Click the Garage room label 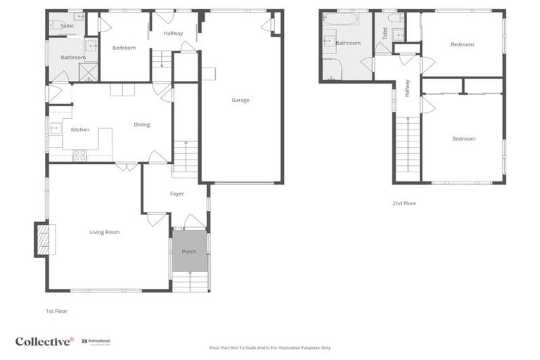coord(240,100)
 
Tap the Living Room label coord(104,232)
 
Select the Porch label coord(189,252)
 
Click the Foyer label coord(176,193)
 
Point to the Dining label coord(142,124)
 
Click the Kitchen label coord(79,129)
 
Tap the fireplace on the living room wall coord(44,239)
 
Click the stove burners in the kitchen coord(80,155)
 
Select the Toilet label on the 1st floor coord(67,26)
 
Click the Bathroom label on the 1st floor coord(72,58)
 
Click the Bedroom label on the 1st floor coord(124,48)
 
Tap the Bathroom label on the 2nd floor coord(347,43)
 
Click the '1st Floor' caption coord(57,310)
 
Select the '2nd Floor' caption coord(404,203)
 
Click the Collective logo coord(44,341)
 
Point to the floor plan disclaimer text coord(270,347)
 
